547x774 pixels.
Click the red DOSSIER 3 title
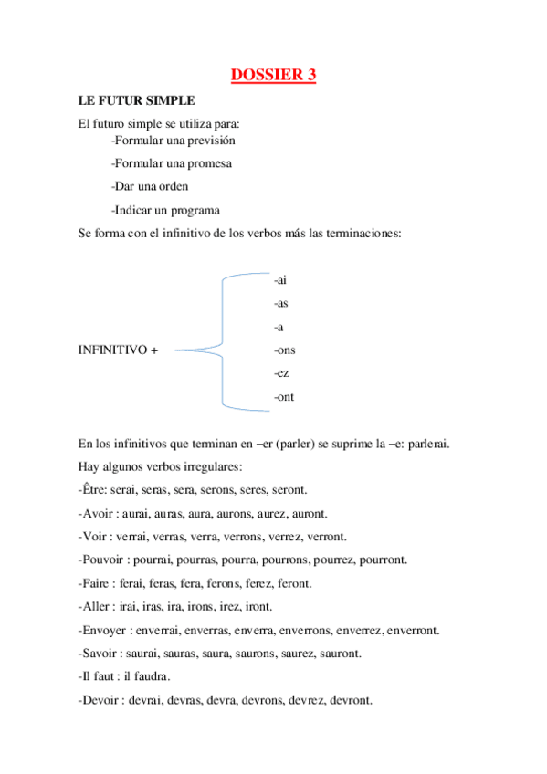pyautogui.click(x=273, y=75)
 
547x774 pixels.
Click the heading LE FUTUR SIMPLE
pyautogui.click(x=137, y=99)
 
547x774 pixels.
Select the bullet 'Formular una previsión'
pyautogui.click(x=174, y=141)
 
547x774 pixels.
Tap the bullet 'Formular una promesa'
pyautogui.click(x=171, y=163)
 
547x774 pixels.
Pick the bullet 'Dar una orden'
pyautogui.click(x=150, y=186)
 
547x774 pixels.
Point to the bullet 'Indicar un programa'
pyautogui.click(x=165, y=210)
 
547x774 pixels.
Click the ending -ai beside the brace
pyautogui.click(x=280, y=279)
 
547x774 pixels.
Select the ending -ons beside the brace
pyautogui.click(x=284, y=350)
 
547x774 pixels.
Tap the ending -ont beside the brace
pyautogui.click(x=284, y=397)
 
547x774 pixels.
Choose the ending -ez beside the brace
pyautogui.click(x=281, y=374)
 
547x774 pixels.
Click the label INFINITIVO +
pyautogui.click(x=118, y=350)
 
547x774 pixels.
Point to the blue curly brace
pyautogui.click(x=222, y=339)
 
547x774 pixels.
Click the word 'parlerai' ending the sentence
pyautogui.click(x=426, y=445)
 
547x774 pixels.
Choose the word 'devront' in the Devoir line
pyautogui.click(x=351, y=700)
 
